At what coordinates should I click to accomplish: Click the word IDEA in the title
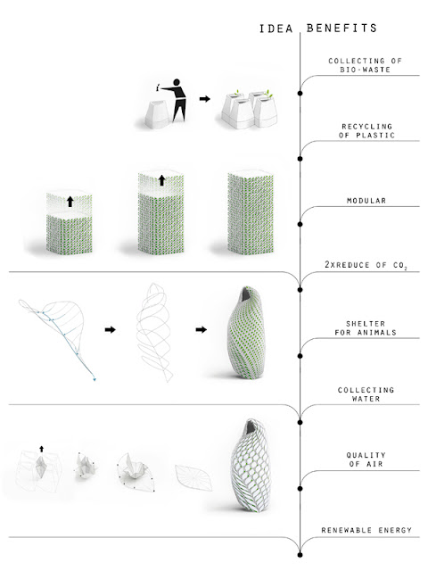[x=276, y=29]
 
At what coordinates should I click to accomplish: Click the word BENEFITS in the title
[x=342, y=28]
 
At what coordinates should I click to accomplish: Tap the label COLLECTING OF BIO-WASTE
[x=365, y=65]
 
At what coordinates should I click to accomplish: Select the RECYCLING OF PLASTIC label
[x=366, y=131]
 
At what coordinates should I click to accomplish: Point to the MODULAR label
[x=366, y=200]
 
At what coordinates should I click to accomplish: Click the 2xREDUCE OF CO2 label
[x=366, y=265]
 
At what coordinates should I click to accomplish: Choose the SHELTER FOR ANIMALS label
[x=366, y=327]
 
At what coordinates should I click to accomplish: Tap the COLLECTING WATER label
[x=366, y=394]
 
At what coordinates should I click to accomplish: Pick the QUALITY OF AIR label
[x=366, y=459]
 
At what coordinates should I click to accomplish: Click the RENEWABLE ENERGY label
[x=366, y=530]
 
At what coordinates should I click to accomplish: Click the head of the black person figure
[x=177, y=83]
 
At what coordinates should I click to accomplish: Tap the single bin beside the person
[x=157, y=114]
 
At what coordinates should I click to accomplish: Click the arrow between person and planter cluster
[x=205, y=99]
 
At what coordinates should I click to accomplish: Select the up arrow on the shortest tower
[x=70, y=202]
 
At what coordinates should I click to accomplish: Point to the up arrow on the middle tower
[x=162, y=180]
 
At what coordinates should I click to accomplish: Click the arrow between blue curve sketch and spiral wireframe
[x=110, y=329]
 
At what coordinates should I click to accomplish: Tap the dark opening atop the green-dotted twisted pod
[x=248, y=294]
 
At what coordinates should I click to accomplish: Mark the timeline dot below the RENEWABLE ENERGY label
[x=300, y=555]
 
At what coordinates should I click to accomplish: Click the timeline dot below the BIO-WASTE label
[x=300, y=93]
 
